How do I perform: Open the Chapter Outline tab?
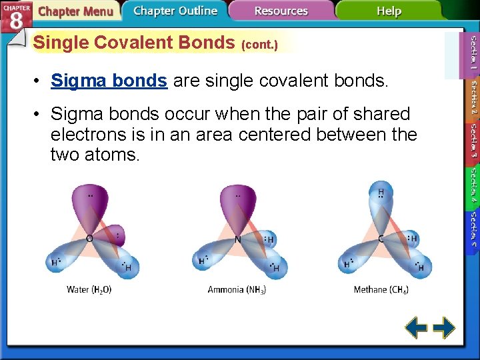(x=175, y=11)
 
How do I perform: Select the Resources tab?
(x=281, y=11)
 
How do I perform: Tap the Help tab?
(x=389, y=11)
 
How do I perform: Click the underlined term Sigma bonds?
(x=109, y=81)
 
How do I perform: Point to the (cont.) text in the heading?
(x=259, y=45)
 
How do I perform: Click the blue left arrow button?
(x=417, y=327)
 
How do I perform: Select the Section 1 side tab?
(x=473, y=54)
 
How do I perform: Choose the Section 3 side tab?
(x=473, y=141)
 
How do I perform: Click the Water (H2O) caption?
(x=89, y=289)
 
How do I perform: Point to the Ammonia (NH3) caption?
(x=237, y=289)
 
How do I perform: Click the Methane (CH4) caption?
(x=381, y=289)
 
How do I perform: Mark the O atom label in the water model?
(x=89, y=238)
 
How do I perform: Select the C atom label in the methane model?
(x=380, y=239)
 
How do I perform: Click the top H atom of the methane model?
(x=381, y=193)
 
